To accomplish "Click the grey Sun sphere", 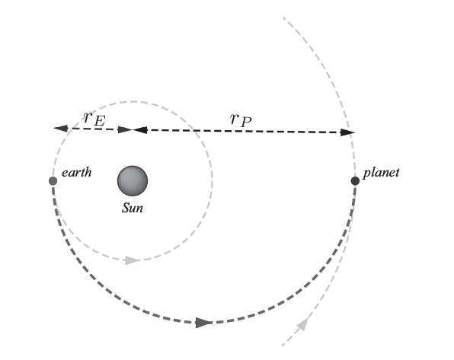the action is pos(133,181).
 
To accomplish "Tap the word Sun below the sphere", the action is pos(133,208).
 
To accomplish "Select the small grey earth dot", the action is pos(53,181).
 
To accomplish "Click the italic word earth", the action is pos(77,173).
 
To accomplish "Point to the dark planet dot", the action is pos(355,181).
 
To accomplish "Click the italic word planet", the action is pos(381,173).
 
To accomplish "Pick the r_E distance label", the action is pos(94,119).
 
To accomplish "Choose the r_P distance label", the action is pos(241,119).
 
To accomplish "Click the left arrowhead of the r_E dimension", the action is pos(61,128).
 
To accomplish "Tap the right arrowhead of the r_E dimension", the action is pos(125,129).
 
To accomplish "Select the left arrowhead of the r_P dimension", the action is pos(140,130).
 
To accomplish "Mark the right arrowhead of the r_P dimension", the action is pos(347,132).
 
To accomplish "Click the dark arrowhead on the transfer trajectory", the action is pos(204,323).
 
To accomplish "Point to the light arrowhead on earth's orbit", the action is pos(133,260).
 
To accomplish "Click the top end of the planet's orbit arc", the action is pos(283,17).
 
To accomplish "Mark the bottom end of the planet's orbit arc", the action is pos(283,346).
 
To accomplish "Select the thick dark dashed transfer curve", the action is pos(204,323).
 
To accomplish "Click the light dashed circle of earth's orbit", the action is pos(213,181).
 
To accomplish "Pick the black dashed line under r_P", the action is pos(244,131).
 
